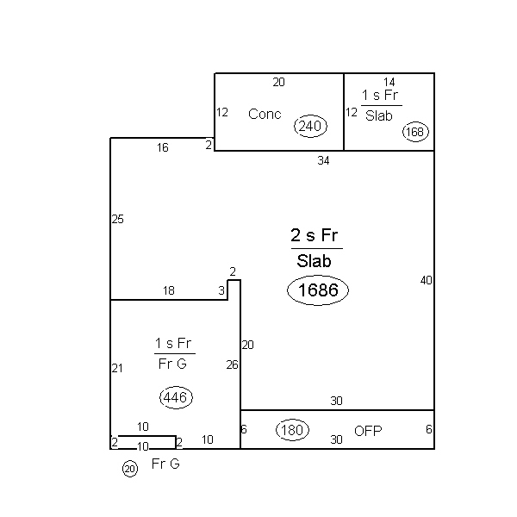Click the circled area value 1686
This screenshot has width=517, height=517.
pyautogui.click(x=318, y=290)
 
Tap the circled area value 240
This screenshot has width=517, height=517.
pyautogui.click(x=310, y=126)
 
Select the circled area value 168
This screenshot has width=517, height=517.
pyautogui.click(x=415, y=132)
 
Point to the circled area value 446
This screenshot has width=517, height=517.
pyautogui.click(x=176, y=397)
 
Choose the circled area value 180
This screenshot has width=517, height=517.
pyautogui.click(x=292, y=430)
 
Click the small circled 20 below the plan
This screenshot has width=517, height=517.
pyautogui.click(x=130, y=469)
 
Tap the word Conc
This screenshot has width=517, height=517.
pyautogui.click(x=265, y=114)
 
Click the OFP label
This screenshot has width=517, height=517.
pyautogui.click(x=368, y=431)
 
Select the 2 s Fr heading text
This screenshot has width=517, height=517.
pyautogui.click(x=315, y=235)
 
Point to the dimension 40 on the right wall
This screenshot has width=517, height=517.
pyautogui.click(x=426, y=280)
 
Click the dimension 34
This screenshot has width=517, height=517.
pyautogui.click(x=323, y=160)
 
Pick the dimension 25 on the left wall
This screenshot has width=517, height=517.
pyautogui.click(x=118, y=219)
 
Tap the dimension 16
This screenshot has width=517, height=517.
pyautogui.click(x=163, y=147)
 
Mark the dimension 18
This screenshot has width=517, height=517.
pyautogui.click(x=169, y=290)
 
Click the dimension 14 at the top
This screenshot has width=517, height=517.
pyautogui.click(x=389, y=82)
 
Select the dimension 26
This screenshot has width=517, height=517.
pyautogui.click(x=232, y=364)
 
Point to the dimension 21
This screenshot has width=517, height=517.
pyautogui.click(x=117, y=368)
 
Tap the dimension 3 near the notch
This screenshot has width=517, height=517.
pyautogui.click(x=221, y=290)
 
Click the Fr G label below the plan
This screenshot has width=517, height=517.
pyautogui.click(x=165, y=464)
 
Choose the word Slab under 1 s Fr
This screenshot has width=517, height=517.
pyautogui.click(x=379, y=115)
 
